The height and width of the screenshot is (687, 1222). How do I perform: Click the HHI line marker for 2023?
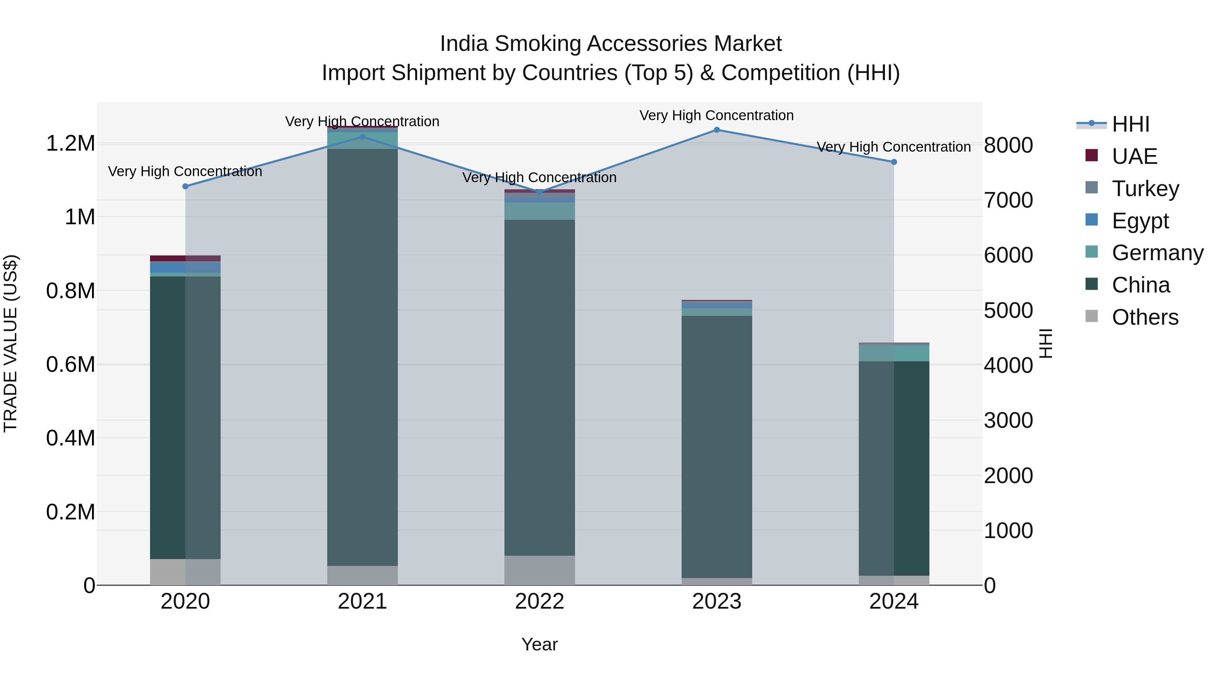(x=716, y=130)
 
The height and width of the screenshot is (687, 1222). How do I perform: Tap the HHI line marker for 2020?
(x=185, y=186)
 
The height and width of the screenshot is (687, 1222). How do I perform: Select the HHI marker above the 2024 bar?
(x=894, y=162)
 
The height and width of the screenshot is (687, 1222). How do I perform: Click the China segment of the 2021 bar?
(x=363, y=356)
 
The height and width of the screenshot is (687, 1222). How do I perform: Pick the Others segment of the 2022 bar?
(x=539, y=570)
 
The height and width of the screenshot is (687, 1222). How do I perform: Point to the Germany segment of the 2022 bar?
(x=539, y=211)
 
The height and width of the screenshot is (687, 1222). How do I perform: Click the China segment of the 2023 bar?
(x=716, y=446)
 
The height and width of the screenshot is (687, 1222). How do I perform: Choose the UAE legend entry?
(x=1134, y=156)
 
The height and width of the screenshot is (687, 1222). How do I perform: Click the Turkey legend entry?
(x=1144, y=189)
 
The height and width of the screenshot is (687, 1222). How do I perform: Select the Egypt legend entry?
(x=1140, y=221)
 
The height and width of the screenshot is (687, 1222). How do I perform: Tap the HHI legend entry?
(x=1130, y=124)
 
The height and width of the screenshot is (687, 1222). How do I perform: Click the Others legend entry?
(x=1144, y=317)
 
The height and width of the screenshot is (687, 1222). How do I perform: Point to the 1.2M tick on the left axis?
(x=71, y=144)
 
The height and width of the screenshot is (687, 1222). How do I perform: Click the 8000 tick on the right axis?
(x=1008, y=145)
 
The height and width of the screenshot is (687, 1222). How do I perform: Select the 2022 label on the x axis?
(x=539, y=602)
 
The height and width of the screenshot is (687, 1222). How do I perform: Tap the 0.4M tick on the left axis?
(x=71, y=438)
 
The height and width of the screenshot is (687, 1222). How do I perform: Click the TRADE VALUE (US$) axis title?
(x=11, y=343)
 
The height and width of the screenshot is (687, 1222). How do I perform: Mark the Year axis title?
(x=539, y=644)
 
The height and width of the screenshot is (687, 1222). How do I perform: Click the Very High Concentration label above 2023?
(x=716, y=115)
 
